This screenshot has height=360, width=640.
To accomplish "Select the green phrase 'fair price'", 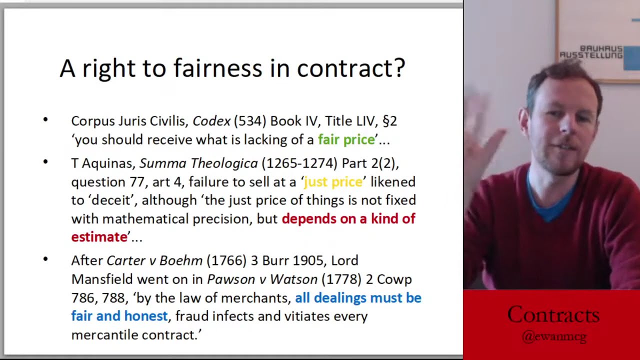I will coord(346,139).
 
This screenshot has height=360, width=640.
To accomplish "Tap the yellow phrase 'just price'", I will coord(333,182).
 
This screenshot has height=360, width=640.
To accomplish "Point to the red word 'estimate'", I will coord(99,237).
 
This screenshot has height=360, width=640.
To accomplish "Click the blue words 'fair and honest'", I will coord(119,316).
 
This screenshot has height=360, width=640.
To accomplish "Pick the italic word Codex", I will coord(211,121).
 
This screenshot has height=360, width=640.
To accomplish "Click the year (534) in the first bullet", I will coord(250,121).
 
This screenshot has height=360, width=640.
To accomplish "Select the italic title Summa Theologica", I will coord(198,163).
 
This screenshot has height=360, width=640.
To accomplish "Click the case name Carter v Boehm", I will coord(154,260).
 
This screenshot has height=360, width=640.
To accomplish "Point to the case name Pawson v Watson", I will coord(262,279).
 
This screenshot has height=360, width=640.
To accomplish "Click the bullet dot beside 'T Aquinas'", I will coord(45,161).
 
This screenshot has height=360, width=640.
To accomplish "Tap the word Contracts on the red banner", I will coord(553,315).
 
